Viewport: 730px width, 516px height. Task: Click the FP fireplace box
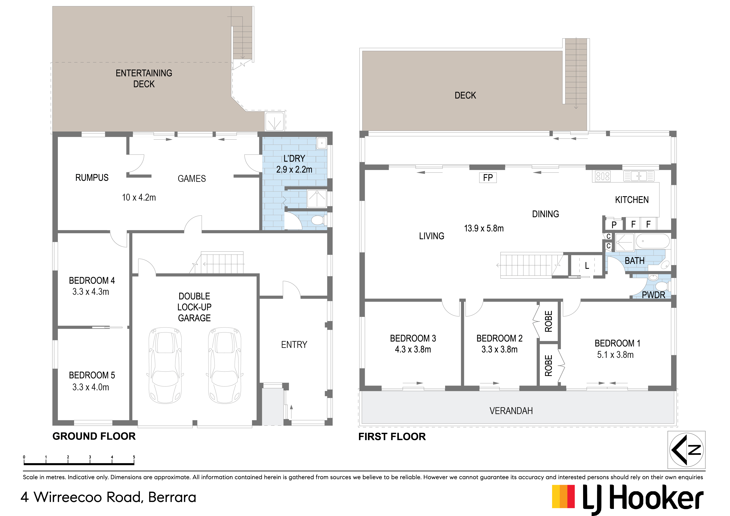(x=488, y=178)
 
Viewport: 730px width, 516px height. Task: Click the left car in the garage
(x=165, y=365)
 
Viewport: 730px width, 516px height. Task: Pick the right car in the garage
(x=225, y=365)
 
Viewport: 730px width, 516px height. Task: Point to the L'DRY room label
(x=294, y=158)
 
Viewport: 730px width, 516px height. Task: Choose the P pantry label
(x=614, y=225)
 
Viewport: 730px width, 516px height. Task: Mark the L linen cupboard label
(x=587, y=266)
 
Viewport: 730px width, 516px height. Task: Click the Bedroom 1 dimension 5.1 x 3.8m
(x=615, y=355)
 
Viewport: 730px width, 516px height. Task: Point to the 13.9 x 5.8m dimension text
(x=484, y=228)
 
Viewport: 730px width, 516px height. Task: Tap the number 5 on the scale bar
(x=134, y=457)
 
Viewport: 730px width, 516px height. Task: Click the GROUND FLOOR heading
(x=94, y=436)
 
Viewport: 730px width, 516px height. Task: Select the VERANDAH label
(x=511, y=411)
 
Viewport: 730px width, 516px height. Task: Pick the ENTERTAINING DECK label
(x=144, y=78)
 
